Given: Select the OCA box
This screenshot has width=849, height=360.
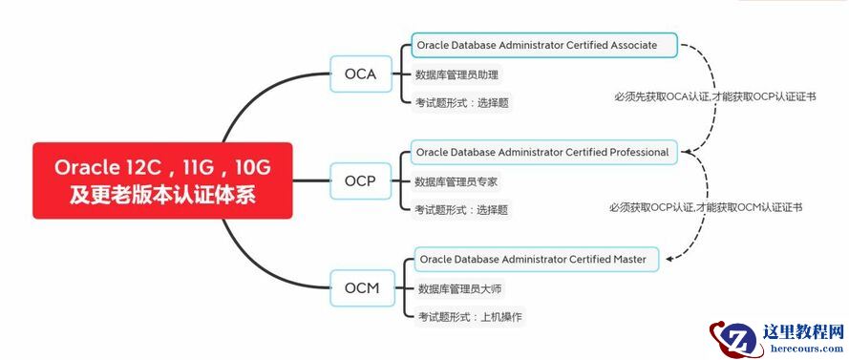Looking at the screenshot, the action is click(x=359, y=74).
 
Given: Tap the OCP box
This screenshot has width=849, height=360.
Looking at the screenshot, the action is click(x=359, y=180).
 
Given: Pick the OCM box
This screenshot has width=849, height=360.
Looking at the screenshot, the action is click(x=361, y=287).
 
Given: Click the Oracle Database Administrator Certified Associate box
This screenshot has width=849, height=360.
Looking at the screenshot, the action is click(x=545, y=45).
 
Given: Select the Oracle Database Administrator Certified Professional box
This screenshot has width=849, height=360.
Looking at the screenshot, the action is click(x=542, y=152).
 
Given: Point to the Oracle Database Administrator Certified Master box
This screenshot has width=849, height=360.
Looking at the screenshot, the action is click(x=538, y=259).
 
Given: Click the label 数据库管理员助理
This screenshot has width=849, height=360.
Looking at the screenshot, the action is click(x=456, y=74).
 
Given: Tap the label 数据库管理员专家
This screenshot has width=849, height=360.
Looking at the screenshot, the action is click(x=456, y=180).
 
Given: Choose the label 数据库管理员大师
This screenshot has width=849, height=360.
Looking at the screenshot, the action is click(x=459, y=287).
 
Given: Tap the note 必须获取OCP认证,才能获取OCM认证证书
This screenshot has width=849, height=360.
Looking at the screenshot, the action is click(x=706, y=206).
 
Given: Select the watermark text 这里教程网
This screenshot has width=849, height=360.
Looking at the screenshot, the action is click(x=803, y=332).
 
